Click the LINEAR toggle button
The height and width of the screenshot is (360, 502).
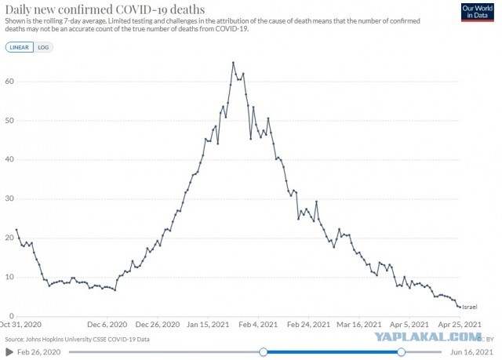coord(19,47)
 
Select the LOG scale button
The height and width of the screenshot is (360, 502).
coord(43,47)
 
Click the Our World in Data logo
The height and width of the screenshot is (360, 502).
coord(477,13)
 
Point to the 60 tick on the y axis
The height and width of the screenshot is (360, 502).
coord(9,82)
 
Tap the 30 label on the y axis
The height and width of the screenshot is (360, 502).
coord(9,198)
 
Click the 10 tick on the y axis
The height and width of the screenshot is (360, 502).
coord(9,277)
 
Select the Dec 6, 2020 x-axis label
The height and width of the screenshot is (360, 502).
coord(107,325)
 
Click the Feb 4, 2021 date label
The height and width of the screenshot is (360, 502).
coord(258,325)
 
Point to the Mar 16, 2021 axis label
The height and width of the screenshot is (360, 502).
coord(359,325)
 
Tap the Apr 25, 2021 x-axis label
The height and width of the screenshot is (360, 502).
coord(460,325)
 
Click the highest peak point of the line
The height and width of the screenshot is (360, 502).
coord(233,63)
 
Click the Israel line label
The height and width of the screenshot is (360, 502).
coord(470,307)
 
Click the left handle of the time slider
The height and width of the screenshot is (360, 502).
coord(264,352)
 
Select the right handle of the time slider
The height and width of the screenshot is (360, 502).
coord(401,352)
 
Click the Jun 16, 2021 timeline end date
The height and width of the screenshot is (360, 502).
coord(471,352)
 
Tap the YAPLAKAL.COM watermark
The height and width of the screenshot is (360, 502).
coord(428,336)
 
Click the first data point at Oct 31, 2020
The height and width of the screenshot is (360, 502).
coord(16,230)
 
